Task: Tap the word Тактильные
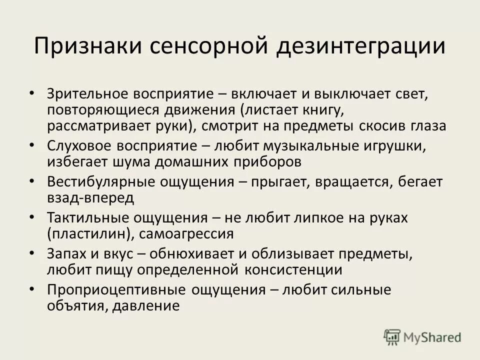coord(84,218)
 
